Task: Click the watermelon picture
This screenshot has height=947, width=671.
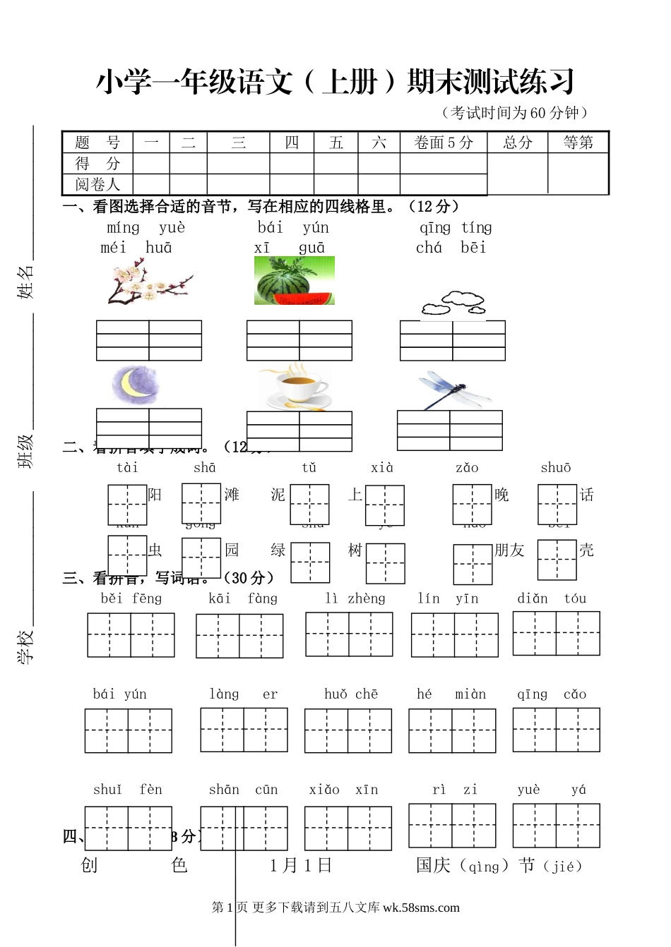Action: pos(294,281)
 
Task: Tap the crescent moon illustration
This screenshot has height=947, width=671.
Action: pos(135,385)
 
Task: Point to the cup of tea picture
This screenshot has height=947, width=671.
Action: pos(294,386)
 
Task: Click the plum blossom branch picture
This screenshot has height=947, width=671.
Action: pos(150,281)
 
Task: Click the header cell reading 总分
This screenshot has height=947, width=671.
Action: pos(518,143)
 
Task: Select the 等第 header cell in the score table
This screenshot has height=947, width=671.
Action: pos(578,143)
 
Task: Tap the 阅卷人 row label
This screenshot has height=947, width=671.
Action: pos(97,184)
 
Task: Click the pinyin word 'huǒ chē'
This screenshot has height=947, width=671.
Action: pos(351,694)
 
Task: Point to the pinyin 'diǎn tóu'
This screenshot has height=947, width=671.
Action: pos(552,598)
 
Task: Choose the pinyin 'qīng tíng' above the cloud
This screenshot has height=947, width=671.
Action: pos(456,227)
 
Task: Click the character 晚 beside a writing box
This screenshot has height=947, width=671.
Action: pos(501,495)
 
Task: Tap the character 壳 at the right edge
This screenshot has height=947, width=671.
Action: pos(586,550)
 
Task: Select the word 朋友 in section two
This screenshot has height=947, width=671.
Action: pos(509,550)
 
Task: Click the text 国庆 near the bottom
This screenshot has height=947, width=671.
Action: pos(433,865)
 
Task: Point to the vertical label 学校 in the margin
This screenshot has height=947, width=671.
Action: pos(25,646)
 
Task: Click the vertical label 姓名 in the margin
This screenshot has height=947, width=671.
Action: pos(25,282)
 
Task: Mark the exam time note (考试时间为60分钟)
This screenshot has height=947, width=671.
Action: pos(513,113)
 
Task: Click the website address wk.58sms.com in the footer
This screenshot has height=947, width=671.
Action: pos(421,907)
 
